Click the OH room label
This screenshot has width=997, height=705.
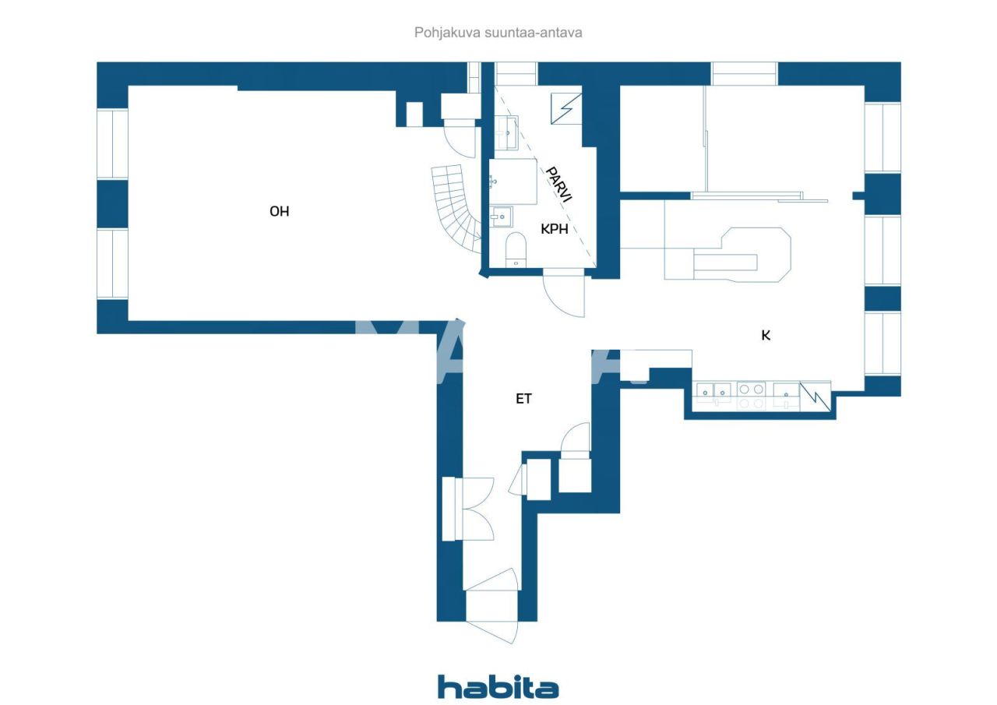click(279, 211)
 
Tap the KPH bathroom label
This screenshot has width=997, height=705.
click(555, 229)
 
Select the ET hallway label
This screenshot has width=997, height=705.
click(523, 399)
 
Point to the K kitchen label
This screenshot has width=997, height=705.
click(766, 335)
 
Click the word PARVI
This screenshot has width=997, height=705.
click(558, 185)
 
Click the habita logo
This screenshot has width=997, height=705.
click(498, 687)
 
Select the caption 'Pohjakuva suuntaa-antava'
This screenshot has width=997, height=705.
click(498, 33)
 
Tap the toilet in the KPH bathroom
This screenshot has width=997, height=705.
click(516, 250)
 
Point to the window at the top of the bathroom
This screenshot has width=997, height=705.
click(516, 73)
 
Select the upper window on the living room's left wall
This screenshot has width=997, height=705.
click(112, 144)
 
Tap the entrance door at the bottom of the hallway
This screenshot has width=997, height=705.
click(492, 615)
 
